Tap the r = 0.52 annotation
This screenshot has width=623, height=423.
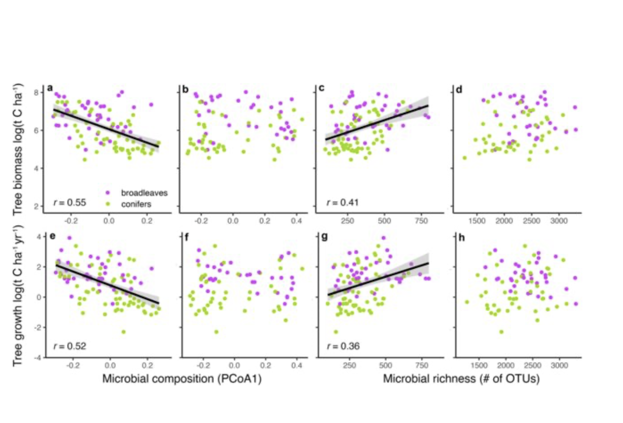[x=70, y=346]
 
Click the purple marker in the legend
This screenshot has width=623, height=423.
[x=108, y=193]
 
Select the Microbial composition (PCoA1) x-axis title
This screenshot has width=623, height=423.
[x=181, y=379]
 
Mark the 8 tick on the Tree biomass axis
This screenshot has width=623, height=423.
[x=37, y=92]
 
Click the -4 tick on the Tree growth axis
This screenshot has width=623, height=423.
[x=35, y=358]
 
